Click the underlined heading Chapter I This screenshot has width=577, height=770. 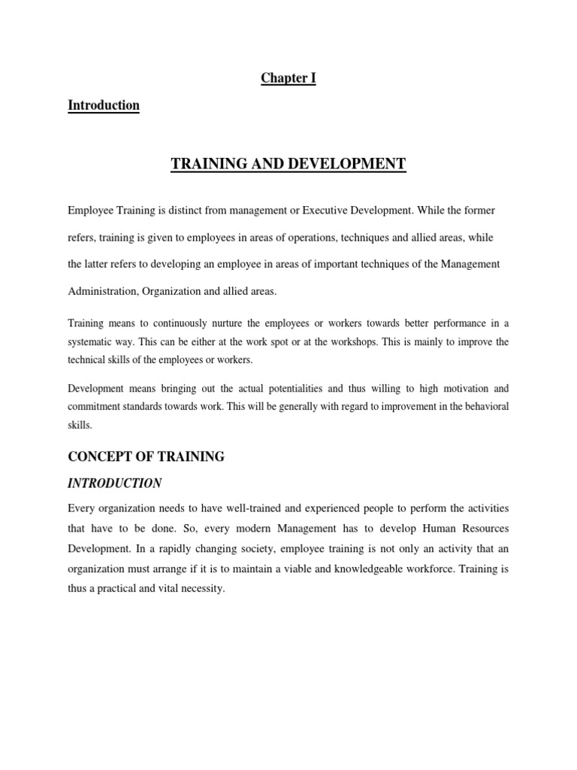288,79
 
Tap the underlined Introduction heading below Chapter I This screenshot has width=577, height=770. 104,105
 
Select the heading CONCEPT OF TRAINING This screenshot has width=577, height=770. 147,456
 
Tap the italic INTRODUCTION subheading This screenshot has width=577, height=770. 115,483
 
